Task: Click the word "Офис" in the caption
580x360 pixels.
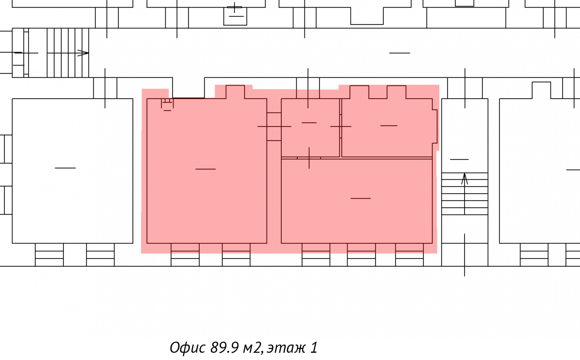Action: [188, 347]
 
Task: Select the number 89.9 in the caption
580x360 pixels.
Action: [224, 347]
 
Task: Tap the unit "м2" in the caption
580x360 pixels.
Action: [253, 348]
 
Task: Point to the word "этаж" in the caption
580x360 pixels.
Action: [286, 348]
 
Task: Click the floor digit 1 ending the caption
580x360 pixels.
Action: [314, 347]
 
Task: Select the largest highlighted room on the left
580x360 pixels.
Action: [207, 171]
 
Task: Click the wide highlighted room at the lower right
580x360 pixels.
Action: [357, 201]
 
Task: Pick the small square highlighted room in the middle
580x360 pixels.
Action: [310, 128]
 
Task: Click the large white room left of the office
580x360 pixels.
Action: [72, 171]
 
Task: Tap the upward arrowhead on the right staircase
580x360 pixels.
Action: [464, 179]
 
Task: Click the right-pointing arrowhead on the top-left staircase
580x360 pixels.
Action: [83, 53]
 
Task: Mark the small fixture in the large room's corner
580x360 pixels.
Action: [167, 104]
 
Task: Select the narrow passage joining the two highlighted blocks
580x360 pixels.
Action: [274, 127]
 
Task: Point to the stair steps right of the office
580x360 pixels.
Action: [464, 194]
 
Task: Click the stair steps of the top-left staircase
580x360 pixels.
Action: [68, 53]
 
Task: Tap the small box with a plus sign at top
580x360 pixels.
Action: [235, 16]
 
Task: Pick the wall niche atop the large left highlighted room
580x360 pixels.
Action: [235, 92]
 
